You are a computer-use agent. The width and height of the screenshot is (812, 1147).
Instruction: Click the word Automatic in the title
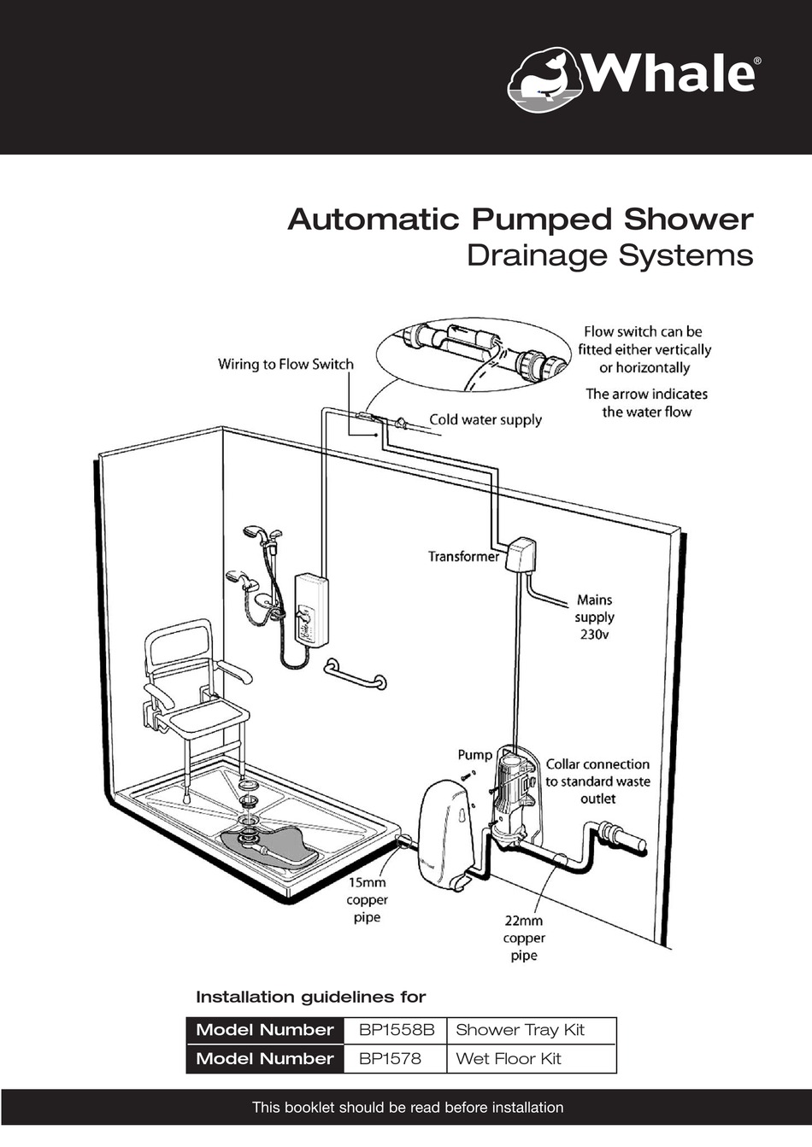pyautogui.click(x=374, y=219)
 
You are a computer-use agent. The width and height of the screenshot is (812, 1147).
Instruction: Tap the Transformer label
pyautogui.click(x=463, y=557)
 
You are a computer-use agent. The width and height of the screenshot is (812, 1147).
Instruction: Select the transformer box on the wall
pyautogui.click(x=520, y=554)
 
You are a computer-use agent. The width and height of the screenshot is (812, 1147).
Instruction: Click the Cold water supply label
pyautogui.click(x=485, y=419)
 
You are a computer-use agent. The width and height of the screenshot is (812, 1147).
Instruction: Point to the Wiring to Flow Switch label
pyautogui.click(x=285, y=365)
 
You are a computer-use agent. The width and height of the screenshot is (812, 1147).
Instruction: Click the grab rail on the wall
pyautogui.click(x=355, y=675)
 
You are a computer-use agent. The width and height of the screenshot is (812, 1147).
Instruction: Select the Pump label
pyautogui.click(x=474, y=754)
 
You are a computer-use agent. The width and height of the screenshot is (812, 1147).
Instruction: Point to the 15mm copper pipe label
pyautogui.click(x=367, y=900)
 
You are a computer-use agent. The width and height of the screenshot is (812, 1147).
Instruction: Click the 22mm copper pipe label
pyautogui.click(x=524, y=938)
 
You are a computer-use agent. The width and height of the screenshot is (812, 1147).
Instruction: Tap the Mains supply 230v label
pyautogui.click(x=594, y=617)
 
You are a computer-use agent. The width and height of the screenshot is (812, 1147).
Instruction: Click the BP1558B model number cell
pyautogui.click(x=396, y=1030)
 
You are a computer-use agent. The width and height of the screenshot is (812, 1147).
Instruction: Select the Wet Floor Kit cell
pyautogui.click(x=509, y=1059)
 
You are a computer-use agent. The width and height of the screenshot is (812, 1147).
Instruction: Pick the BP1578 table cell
pyautogui.click(x=390, y=1059)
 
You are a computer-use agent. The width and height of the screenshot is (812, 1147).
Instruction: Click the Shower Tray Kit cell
pyautogui.click(x=520, y=1030)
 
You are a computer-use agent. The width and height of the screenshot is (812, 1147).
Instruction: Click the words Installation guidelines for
pyautogui.click(x=311, y=997)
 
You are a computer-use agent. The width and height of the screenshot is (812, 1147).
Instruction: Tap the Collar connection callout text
pyautogui.click(x=597, y=781)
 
